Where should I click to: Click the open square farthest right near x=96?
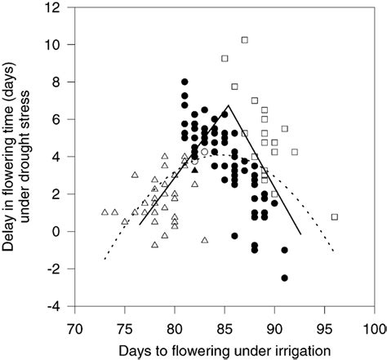click(x=335, y=217)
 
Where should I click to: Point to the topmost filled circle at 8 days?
click(x=185, y=82)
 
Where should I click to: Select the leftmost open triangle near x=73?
click(x=105, y=212)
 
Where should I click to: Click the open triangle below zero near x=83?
click(x=204, y=240)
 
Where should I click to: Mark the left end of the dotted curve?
click(x=105, y=260)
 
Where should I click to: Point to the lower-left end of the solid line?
click(x=140, y=224)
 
